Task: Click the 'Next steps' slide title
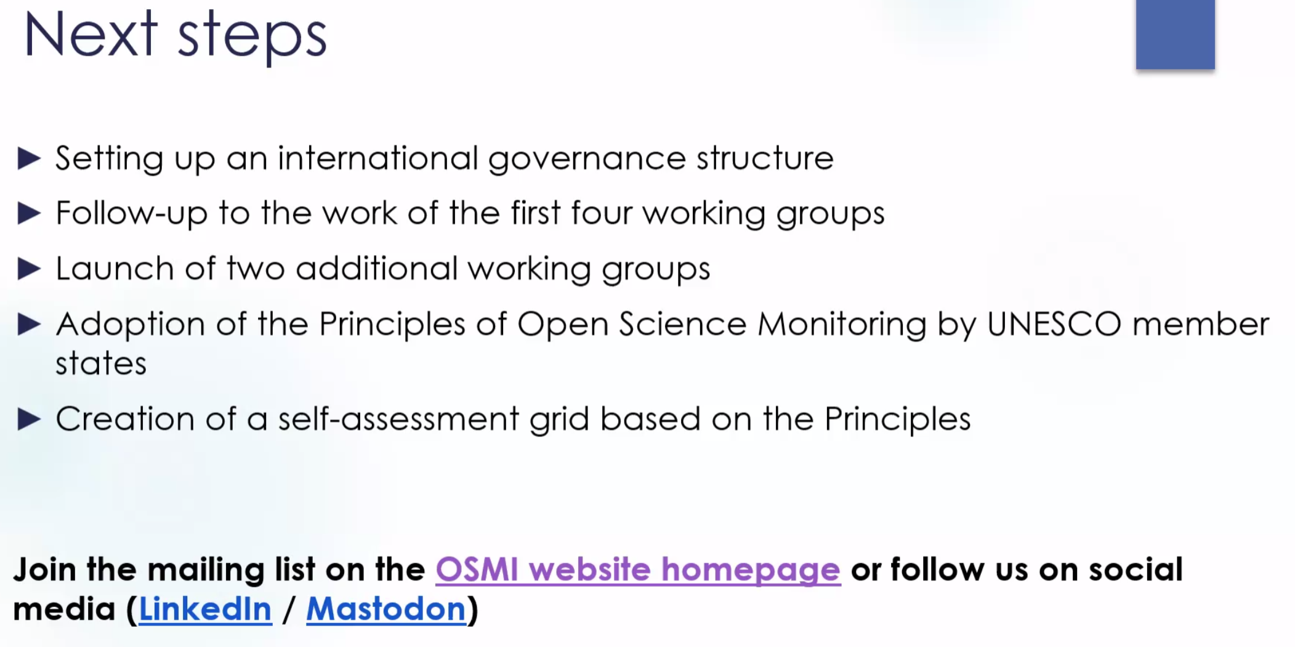175,36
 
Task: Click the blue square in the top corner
1175,35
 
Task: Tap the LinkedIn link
205,609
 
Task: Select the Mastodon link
386,609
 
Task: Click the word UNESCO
1054,324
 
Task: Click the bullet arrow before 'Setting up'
29,158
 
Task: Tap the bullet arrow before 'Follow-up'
29,213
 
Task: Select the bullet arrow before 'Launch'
29,269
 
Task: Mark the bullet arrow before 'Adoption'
29,324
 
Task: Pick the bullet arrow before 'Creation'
29,419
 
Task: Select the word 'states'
101,364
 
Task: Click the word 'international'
377,158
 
